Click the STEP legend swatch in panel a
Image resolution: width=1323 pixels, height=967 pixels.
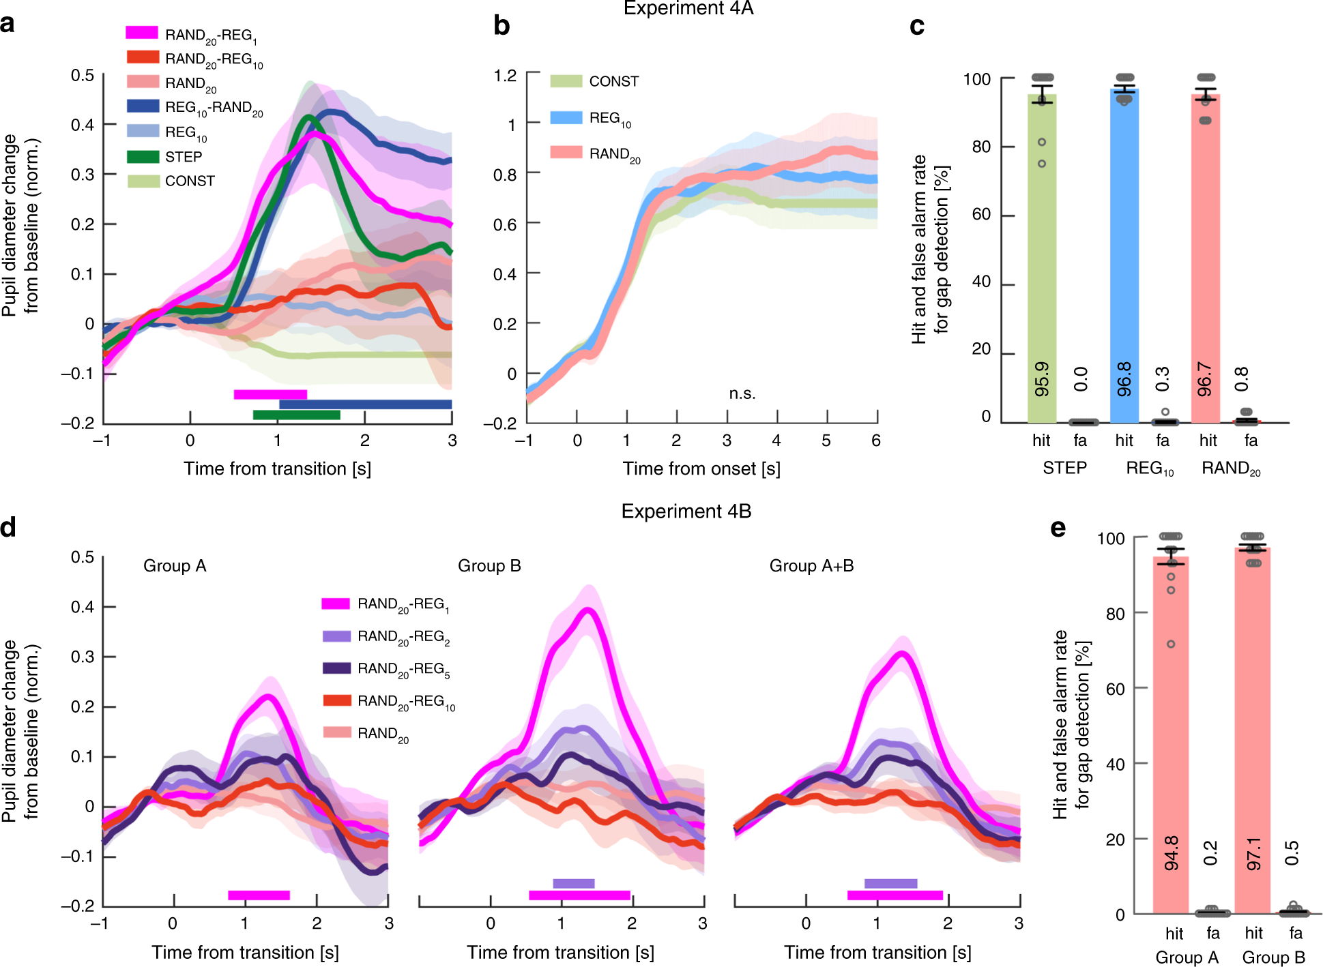[x=143, y=157]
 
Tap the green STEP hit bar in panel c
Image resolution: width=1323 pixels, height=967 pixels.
[x=1041, y=259]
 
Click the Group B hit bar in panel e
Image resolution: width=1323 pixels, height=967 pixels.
[x=1252, y=730]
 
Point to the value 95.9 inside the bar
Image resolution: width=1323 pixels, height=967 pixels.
[x=1042, y=379]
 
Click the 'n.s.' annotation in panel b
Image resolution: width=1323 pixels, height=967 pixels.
[x=742, y=393]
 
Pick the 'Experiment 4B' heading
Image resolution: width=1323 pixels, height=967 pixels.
[x=686, y=511]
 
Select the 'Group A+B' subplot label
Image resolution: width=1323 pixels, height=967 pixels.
[x=811, y=565]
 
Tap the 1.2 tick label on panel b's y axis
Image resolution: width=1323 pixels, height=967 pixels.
[x=505, y=75]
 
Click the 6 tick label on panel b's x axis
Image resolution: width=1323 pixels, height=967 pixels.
[x=875, y=441]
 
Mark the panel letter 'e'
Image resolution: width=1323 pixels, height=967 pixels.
[x=1058, y=528]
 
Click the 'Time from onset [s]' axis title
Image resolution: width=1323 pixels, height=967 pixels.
[x=701, y=468]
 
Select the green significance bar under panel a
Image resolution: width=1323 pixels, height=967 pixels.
[x=296, y=415]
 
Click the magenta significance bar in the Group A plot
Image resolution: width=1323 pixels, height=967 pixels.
[x=259, y=895]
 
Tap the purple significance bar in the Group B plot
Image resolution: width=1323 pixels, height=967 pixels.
[x=573, y=884]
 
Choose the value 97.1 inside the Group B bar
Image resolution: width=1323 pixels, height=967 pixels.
[x=1253, y=854]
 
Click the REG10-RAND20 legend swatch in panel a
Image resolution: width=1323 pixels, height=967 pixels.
[x=143, y=106]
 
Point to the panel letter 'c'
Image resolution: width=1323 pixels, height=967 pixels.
[x=917, y=26]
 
